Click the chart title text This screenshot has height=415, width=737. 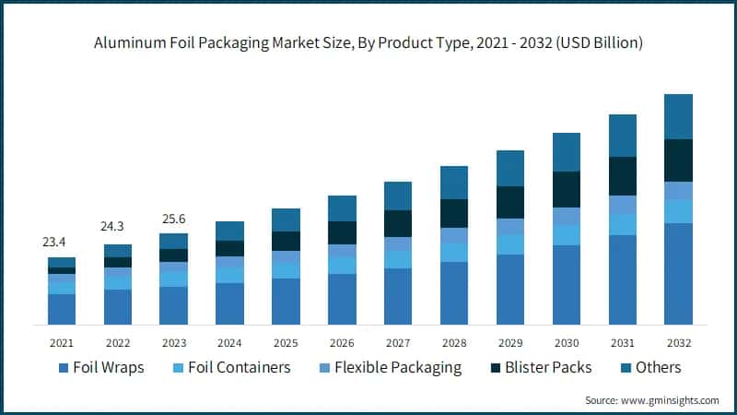tap(368, 42)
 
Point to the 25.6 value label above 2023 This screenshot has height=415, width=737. tap(173, 219)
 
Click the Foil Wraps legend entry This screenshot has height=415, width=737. tap(100, 368)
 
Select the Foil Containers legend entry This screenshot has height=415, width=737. tap(232, 368)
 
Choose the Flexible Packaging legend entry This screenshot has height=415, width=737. tap(388, 368)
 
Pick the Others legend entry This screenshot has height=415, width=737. tap(649, 368)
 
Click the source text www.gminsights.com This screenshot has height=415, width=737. tap(652, 400)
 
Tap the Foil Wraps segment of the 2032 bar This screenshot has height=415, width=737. tap(678, 274)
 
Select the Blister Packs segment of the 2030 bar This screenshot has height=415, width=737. tap(566, 189)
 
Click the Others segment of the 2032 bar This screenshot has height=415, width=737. tap(678, 116)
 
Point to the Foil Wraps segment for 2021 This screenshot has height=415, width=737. tap(62, 309)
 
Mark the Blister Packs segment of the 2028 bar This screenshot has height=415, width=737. tap(453, 213)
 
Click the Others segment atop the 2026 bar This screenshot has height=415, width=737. tap(342, 208)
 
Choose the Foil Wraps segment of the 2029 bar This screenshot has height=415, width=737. tap(509, 290)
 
